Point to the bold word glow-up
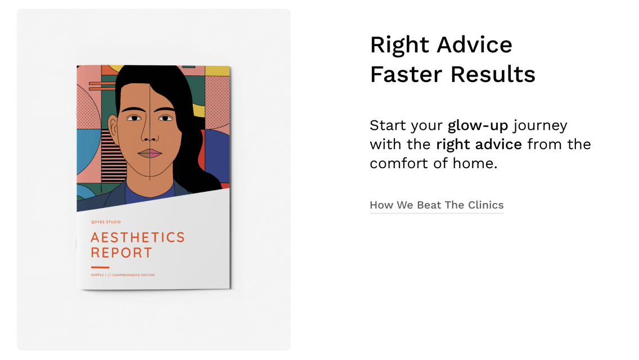[x=478, y=125]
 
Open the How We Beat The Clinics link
[x=436, y=205]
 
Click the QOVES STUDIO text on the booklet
[x=106, y=222]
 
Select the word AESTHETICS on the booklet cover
[x=138, y=237]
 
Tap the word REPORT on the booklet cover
[x=121, y=253]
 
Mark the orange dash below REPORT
[x=100, y=267]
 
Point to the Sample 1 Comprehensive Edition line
[x=123, y=275]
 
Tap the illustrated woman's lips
[x=150, y=153]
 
